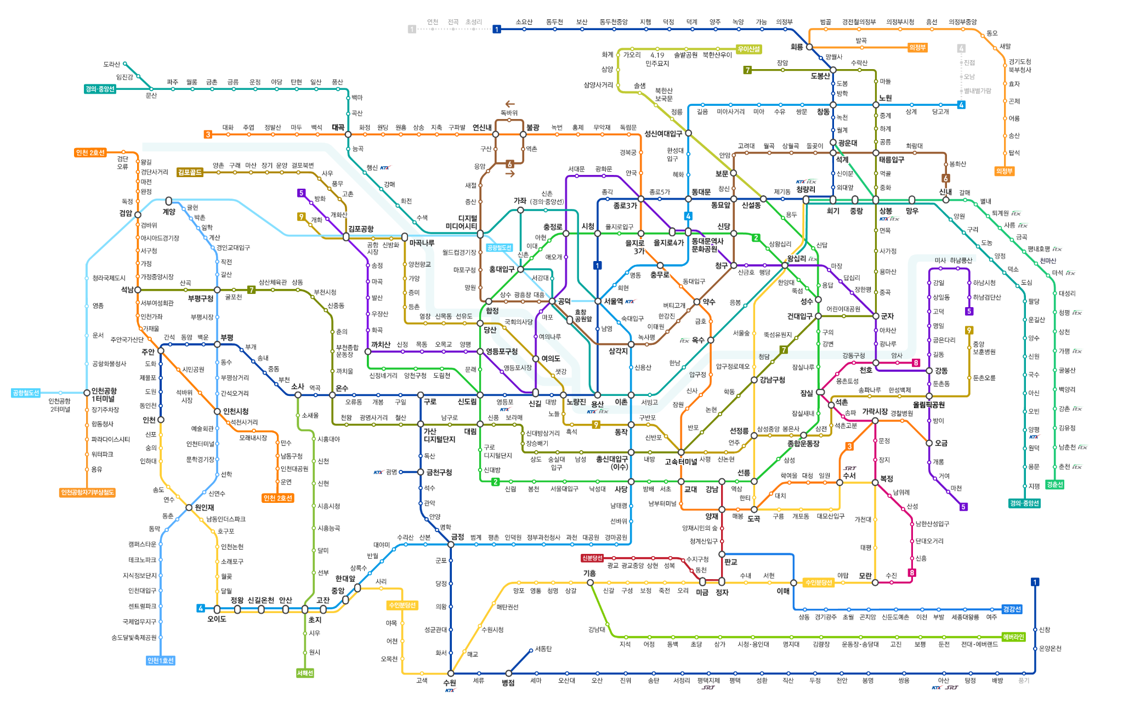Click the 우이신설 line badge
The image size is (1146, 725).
click(x=748, y=49)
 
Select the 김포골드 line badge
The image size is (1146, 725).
click(x=190, y=172)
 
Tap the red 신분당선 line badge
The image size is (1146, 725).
click(x=592, y=558)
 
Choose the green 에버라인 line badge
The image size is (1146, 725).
click(x=1013, y=637)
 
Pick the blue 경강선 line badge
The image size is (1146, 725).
click(x=1012, y=609)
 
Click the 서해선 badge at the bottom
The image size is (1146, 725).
click(x=305, y=673)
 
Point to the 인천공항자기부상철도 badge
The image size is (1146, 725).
click(x=87, y=492)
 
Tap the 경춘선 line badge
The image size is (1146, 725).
click(x=1054, y=484)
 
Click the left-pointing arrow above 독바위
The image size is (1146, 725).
click(x=510, y=104)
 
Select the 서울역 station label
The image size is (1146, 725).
click(x=614, y=301)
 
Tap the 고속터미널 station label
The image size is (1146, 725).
click(x=680, y=462)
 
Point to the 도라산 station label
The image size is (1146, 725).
click(x=111, y=64)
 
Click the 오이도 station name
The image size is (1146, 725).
click(x=217, y=619)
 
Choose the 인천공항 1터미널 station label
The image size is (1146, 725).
click(x=104, y=394)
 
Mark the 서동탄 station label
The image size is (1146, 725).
click(x=543, y=649)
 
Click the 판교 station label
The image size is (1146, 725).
click(x=730, y=562)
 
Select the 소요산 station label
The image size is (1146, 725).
click(x=524, y=22)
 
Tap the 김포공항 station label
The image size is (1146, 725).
click(x=360, y=229)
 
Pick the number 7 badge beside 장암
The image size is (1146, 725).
click(x=747, y=70)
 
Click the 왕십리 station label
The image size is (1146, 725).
click(x=796, y=258)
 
